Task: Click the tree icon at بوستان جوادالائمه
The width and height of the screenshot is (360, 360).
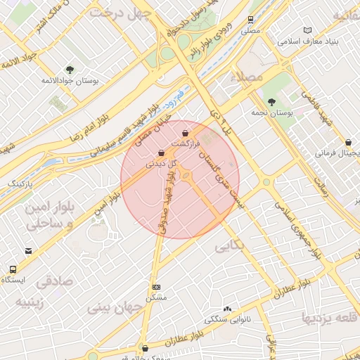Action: (x=70, y=69)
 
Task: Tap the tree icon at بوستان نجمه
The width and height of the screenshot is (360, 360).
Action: (x=271, y=101)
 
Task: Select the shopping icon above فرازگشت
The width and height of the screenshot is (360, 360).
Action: (x=185, y=132)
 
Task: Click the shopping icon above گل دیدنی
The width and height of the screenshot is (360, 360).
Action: (x=162, y=152)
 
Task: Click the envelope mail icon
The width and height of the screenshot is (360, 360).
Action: (x=28, y=250)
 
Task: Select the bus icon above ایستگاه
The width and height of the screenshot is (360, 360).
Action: (x=13, y=269)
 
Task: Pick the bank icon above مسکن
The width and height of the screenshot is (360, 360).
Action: (x=155, y=287)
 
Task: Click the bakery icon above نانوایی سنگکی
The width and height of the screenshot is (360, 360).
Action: (x=226, y=309)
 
